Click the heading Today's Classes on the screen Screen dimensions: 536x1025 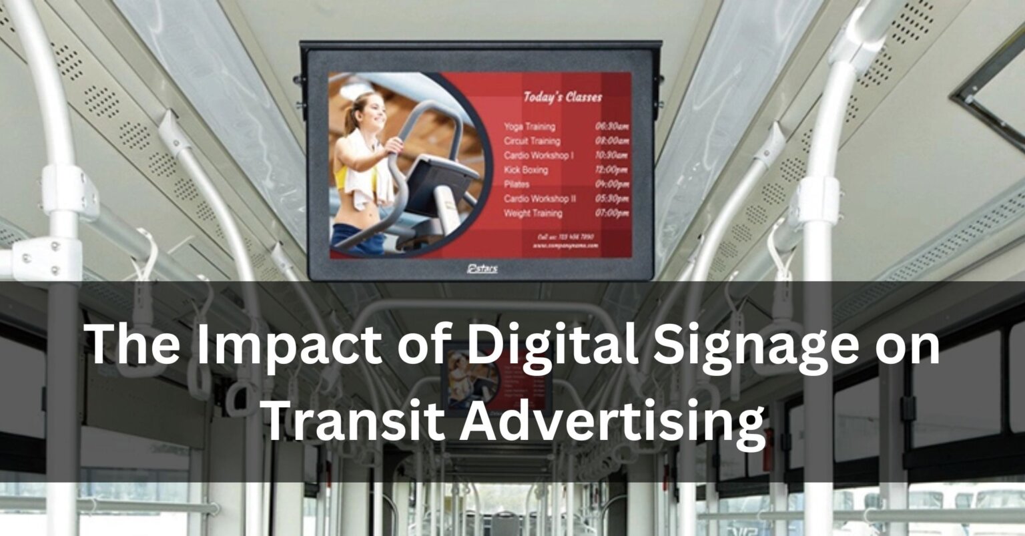point(562,97)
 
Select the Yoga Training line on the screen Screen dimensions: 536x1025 point(529,126)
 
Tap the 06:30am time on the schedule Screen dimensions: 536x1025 point(611,126)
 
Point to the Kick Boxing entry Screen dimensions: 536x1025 point(526,170)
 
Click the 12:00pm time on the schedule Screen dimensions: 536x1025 point(611,170)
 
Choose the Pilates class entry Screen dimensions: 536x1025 point(517,184)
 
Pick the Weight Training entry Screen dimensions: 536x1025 point(533,214)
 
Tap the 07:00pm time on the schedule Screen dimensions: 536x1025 point(611,214)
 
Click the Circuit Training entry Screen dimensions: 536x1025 point(532,141)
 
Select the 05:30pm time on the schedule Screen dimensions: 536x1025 point(611,199)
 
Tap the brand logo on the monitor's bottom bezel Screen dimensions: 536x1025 point(482,268)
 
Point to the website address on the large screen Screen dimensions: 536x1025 point(566,246)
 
